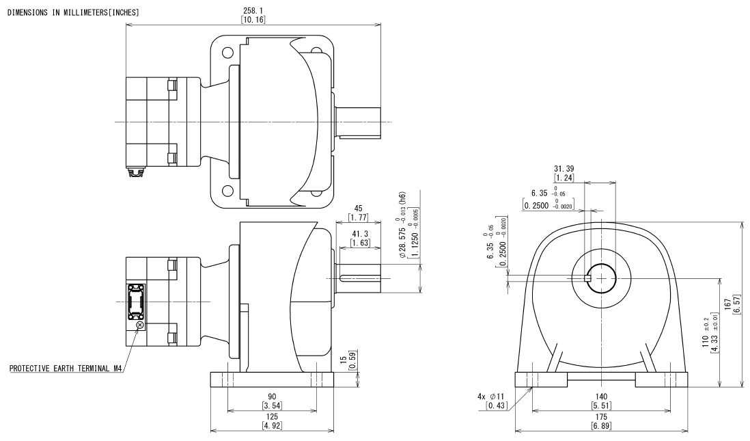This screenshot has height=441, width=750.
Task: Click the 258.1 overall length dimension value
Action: point(253,10)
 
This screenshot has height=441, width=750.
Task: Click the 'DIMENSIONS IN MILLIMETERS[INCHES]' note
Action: point(73,12)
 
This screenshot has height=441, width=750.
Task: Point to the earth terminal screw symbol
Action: point(139,325)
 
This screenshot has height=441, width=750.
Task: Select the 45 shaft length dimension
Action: point(358,209)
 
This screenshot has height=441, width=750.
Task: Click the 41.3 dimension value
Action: point(360,234)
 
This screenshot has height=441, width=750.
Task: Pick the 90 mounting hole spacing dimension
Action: point(272,397)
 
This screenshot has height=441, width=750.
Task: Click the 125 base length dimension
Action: point(272,416)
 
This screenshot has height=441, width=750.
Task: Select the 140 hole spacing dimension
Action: point(601,397)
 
